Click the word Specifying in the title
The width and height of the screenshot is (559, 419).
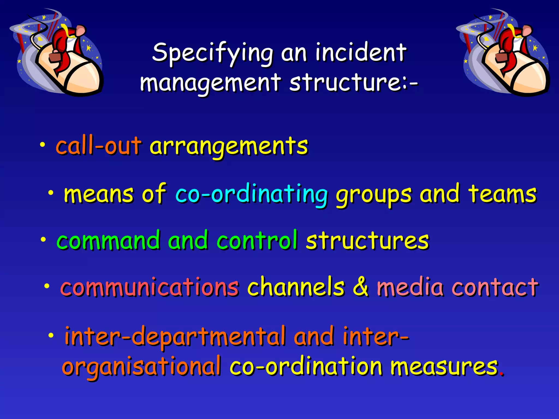point(212,53)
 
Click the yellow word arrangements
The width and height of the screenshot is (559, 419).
point(229,146)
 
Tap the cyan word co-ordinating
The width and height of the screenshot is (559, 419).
point(251,194)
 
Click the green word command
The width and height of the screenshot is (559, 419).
point(108,240)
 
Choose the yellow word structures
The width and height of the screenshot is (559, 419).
point(367,240)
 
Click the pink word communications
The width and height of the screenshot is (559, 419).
point(150,287)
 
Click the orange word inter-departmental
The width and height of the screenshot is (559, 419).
point(175,336)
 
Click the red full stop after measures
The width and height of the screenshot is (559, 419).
point(502,374)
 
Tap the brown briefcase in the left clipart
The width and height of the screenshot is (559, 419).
point(55,58)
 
